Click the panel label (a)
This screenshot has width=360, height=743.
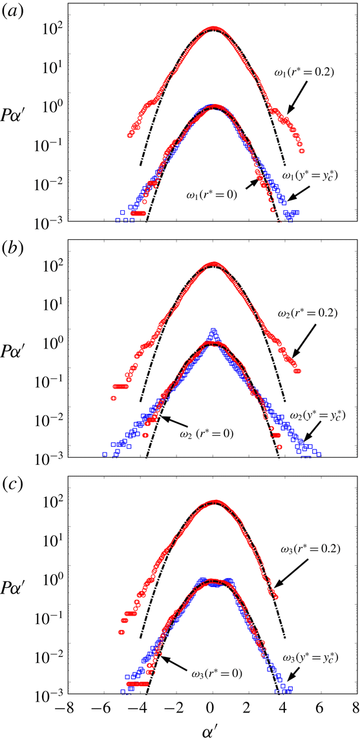click(x=12, y=12)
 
